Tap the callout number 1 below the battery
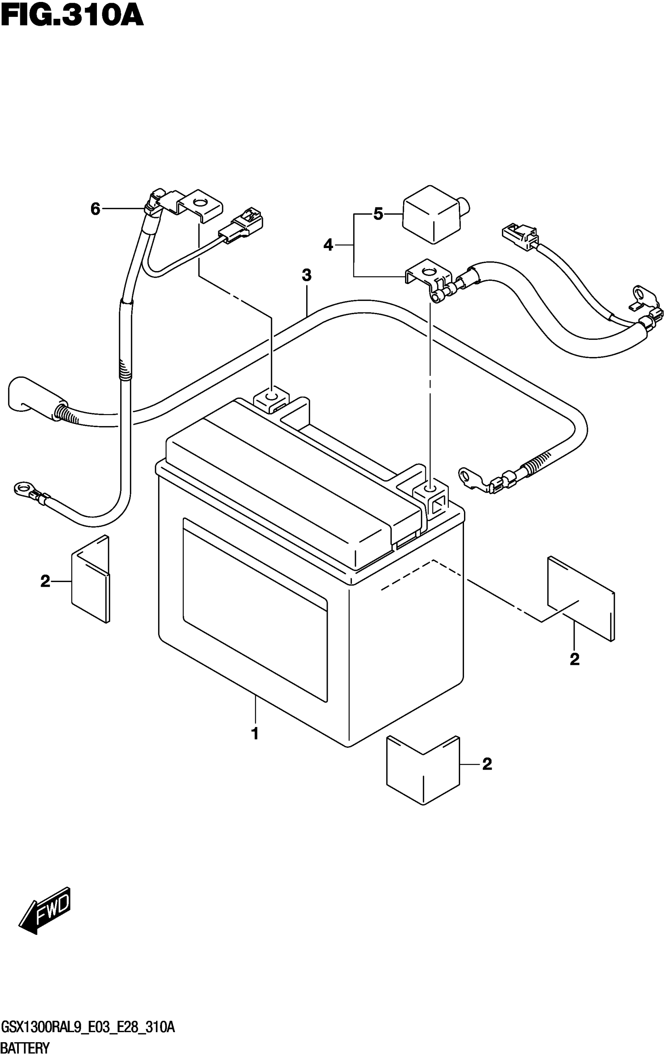point(255,733)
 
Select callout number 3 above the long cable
point(307,275)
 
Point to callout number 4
point(328,245)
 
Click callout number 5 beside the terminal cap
point(378,214)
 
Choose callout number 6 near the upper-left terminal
point(95,209)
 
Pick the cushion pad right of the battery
point(580,598)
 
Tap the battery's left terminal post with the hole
point(271,398)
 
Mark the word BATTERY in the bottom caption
point(25,1048)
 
